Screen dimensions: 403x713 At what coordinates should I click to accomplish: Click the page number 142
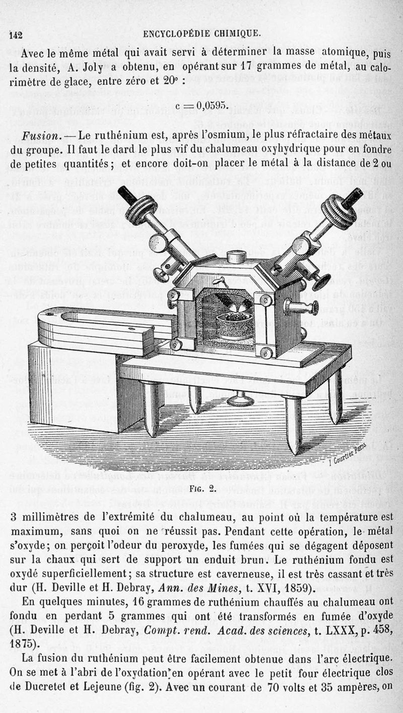[16, 34]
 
